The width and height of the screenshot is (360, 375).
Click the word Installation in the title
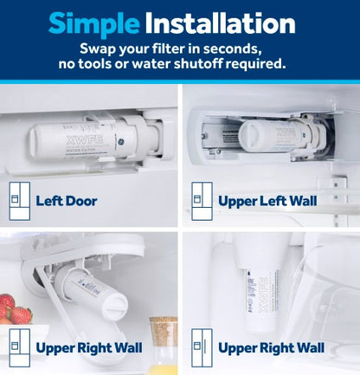click(x=225, y=23)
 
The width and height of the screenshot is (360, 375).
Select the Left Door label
click(x=67, y=201)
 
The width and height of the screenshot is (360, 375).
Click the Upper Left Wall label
click(x=267, y=201)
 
